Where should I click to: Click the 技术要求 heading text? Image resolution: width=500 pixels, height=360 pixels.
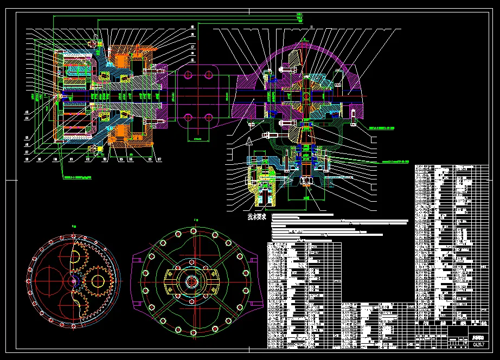[x=257, y=216]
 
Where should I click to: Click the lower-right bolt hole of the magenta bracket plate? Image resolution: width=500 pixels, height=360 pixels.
[x=207, y=117]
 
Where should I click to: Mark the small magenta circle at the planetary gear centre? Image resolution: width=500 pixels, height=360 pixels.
[x=73, y=280]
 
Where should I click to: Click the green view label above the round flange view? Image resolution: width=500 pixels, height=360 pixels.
[x=195, y=220]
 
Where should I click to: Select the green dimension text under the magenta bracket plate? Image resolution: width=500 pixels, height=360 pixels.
[x=201, y=139]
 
